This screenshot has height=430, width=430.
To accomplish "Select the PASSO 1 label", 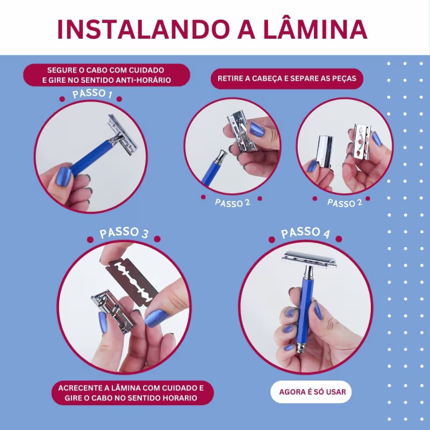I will [x=92, y=94].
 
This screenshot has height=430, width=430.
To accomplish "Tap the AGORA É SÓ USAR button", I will [x=311, y=392].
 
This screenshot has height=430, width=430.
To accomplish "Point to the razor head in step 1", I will [x=123, y=134].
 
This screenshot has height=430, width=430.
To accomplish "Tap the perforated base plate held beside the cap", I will [x=362, y=142].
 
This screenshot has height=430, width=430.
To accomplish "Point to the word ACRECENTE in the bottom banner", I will [x=83, y=388].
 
